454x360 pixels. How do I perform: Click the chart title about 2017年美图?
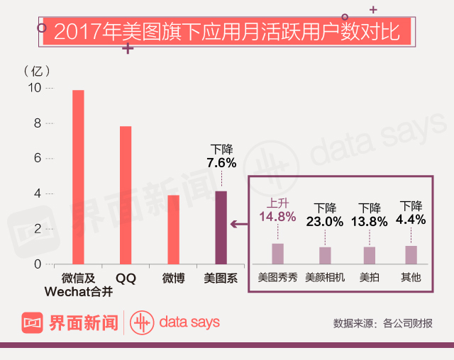[x=227, y=33]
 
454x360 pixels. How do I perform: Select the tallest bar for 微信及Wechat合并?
[x=78, y=177]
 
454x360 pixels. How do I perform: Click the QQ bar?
[x=126, y=195]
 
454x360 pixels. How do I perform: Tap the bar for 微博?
[x=173, y=229]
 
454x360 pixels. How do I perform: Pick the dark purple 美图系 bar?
[x=221, y=227]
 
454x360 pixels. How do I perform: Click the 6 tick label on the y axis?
[x=38, y=158]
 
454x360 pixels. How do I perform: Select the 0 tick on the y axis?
[x=38, y=264]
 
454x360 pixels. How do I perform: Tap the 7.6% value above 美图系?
[x=221, y=163]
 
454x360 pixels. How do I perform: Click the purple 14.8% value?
[x=277, y=215]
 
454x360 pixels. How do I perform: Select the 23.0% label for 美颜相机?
[x=325, y=221]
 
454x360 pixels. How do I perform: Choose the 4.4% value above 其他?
[x=411, y=219]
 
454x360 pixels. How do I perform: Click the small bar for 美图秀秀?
[x=277, y=254]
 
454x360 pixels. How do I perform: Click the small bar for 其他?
[x=411, y=255]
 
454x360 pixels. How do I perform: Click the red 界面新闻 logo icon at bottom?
[x=33, y=323]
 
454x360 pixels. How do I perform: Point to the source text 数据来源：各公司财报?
[x=382, y=324]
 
